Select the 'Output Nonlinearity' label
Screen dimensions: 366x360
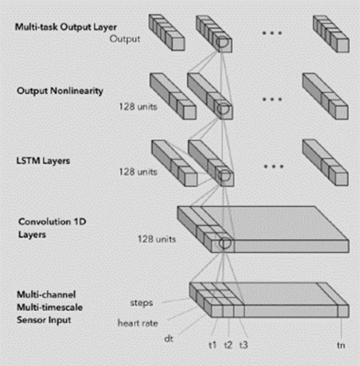pyautogui.click(x=60, y=90)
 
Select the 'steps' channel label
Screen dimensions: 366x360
pyautogui.click(x=142, y=302)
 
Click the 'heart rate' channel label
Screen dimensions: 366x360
pyautogui.click(x=138, y=324)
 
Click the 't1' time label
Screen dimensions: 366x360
pyautogui.click(x=212, y=344)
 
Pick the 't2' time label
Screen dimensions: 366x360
pyautogui.click(x=228, y=344)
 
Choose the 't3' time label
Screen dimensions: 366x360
pyautogui.click(x=244, y=344)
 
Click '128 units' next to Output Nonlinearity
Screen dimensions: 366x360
pyautogui.click(x=139, y=107)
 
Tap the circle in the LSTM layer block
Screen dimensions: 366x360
pyautogui.click(x=222, y=175)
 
